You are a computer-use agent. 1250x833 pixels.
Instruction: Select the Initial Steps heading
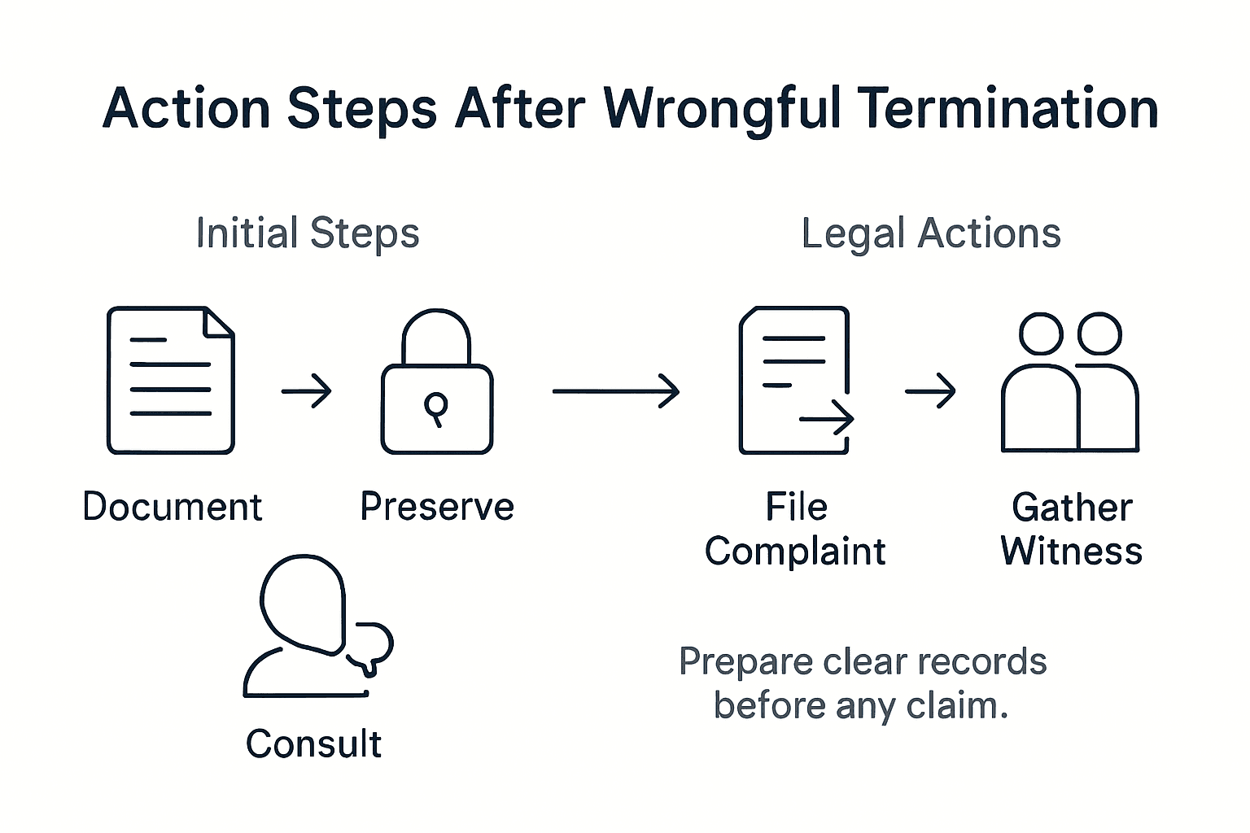click(x=308, y=233)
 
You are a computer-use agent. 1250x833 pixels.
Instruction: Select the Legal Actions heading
click(x=931, y=233)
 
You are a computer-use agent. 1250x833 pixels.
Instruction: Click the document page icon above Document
click(x=171, y=380)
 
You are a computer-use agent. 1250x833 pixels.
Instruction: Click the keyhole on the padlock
click(x=436, y=406)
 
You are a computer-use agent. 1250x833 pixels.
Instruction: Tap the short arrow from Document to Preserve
click(x=307, y=391)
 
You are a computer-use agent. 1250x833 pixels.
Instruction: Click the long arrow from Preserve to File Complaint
click(x=616, y=391)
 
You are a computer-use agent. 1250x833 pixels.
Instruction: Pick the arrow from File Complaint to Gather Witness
click(x=930, y=391)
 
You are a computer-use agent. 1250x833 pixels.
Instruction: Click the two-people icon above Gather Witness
click(x=1070, y=382)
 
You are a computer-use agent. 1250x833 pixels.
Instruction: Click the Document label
click(x=173, y=507)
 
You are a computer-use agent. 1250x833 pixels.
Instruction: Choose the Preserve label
click(x=437, y=507)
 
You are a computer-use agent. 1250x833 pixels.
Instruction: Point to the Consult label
click(x=313, y=744)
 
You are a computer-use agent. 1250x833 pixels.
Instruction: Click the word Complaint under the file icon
click(x=795, y=552)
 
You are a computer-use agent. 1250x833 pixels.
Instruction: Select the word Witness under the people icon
click(x=1071, y=552)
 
